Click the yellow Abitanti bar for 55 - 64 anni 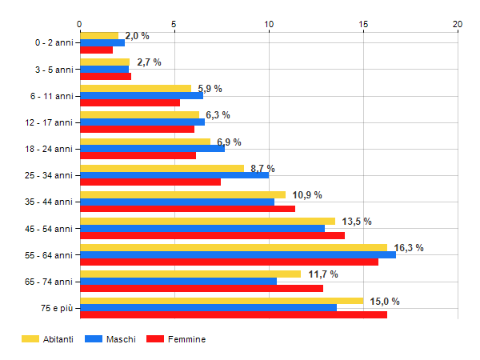[x=233, y=248]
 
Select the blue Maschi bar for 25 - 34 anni [x=174, y=175]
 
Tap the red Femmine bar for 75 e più [x=233, y=314]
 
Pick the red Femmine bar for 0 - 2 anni [x=96, y=50]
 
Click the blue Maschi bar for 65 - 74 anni [x=178, y=281]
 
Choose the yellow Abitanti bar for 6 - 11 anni [x=135, y=89]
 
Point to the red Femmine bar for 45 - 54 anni [x=212, y=235]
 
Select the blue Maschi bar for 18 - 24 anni [x=152, y=149]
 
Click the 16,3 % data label [x=409, y=248]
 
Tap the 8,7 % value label [x=262, y=169]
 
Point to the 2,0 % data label [x=137, y=36]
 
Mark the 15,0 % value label [x=385, y=301]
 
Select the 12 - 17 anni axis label [x=52, y=122]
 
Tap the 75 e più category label [x=58, y=308]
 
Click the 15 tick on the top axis [x=363, y=23]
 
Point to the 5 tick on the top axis [x=174, y=23]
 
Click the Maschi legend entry [x=115, y=339]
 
